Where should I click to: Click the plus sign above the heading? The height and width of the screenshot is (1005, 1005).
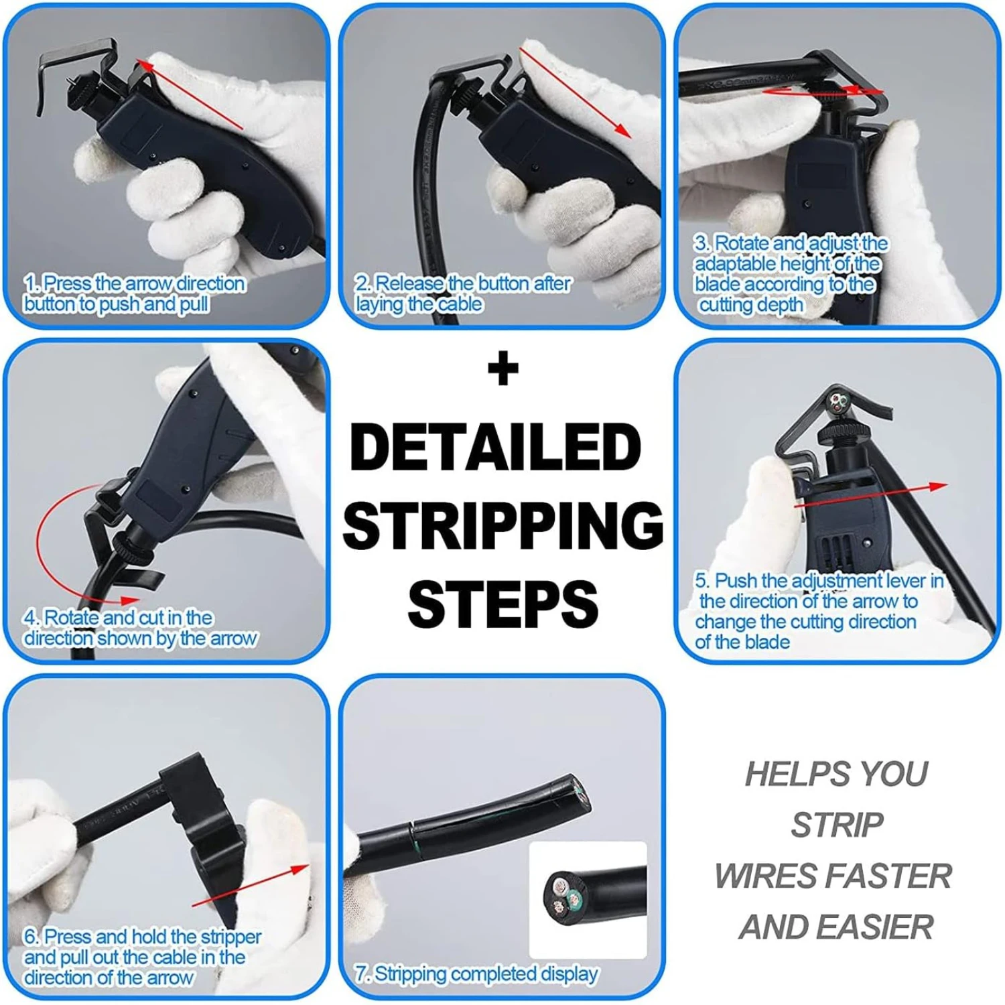tap(503, 368)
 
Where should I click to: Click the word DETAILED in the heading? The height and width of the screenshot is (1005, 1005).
tap(496, 447)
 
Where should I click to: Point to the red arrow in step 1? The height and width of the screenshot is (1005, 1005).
tap(189, 94)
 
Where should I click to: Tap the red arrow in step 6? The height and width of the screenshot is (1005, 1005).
tap(251, 885)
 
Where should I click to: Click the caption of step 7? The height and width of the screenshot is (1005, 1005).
tap(476, 973)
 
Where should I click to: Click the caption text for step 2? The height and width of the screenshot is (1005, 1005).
tap(463, 293)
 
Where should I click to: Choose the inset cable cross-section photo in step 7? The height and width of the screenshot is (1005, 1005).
tap(588, 899)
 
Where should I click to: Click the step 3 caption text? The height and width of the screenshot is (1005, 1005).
tap(791, 273)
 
